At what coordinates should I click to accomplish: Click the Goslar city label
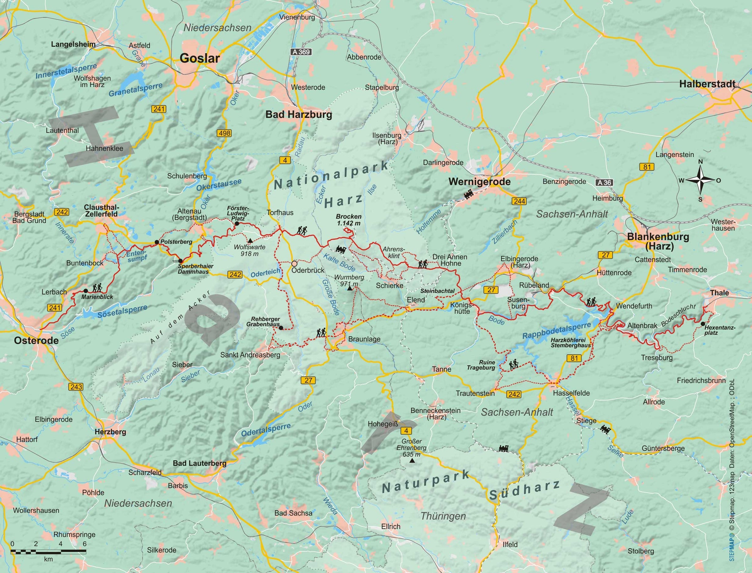(x=200, y=58)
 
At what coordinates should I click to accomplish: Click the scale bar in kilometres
(x=48, y=551)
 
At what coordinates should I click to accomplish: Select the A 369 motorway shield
(x=301, y=52)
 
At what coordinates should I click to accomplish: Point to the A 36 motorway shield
(x=604, y=183)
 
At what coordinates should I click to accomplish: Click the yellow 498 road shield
(x=225, y=133)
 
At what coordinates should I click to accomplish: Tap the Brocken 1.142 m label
(x=348, y=220)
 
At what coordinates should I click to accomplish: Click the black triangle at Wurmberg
(x=349, y=289)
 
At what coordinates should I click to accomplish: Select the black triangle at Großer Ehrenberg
(x=412, y=461)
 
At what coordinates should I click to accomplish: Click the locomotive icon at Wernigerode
(x=468, y=194)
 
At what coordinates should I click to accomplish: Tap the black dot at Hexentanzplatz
(x=703, y=324)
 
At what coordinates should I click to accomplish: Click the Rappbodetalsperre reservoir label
(x=556, y=331)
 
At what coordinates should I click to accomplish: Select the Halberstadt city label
(x=707, y=84)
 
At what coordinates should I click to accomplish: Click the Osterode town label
(x=36, y=340)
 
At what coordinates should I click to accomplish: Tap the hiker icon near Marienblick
(x=97, y=288)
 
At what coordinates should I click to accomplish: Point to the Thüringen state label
(x=443, y=516)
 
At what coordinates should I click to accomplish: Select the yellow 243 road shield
(x=76, y=387)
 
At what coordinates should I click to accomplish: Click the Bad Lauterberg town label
(x=199, y=463)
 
